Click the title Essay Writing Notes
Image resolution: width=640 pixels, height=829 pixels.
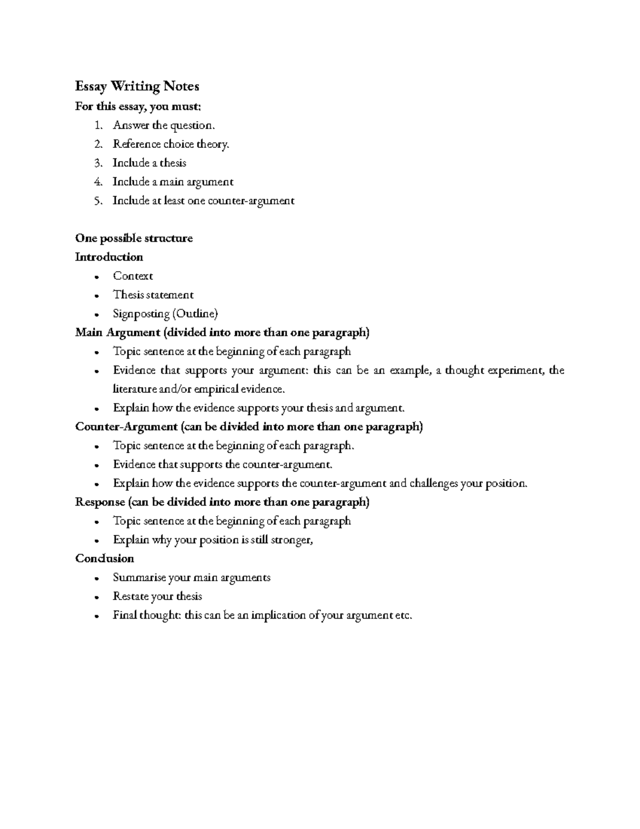pyautogui.click(x=137, y=86)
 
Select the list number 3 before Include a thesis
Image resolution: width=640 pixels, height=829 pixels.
pyautogui.click(x=97, y=163)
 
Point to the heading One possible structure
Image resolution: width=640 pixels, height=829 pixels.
pyautogui.click(x=134, y=238)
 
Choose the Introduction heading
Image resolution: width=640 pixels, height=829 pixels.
pyautogui.click(x=109, y=257)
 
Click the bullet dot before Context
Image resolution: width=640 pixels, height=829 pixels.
pyautogui.click(x=96, y=277)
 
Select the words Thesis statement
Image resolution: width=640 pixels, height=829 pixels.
pyautogui.click(x=153, y=295)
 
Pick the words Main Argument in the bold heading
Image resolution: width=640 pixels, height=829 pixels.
pyautogui.click(x=118, y=333)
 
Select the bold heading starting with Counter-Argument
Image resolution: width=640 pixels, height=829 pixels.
pyautogui.click(x=249, y=427)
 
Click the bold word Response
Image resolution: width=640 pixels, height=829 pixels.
pyautogui.click(x=100, y=502)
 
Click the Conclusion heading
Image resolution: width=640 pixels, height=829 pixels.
pyautogui.click(x=105, y=558)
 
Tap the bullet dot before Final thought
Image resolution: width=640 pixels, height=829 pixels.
pyautogui.click(x=96, y=616)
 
